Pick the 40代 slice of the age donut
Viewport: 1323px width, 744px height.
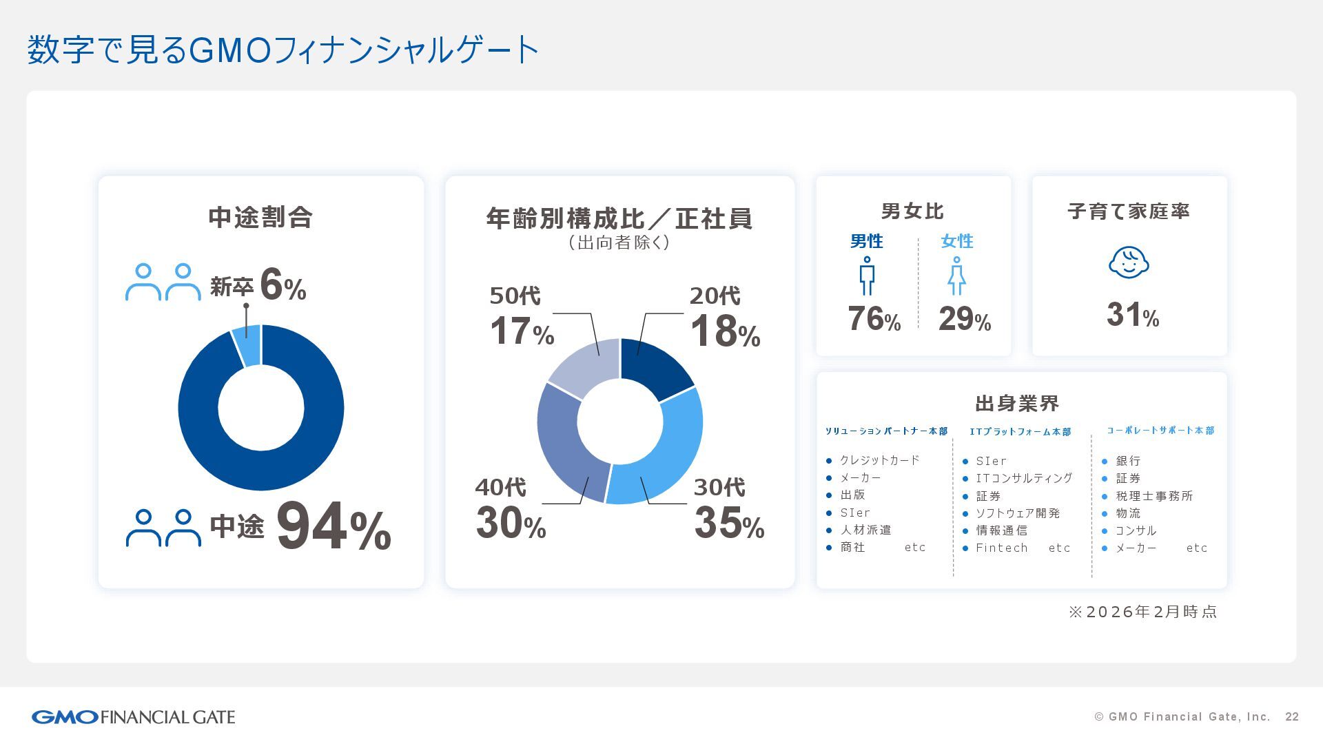coord(568,448)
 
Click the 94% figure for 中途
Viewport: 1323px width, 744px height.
coord(334,528)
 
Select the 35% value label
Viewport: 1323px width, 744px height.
coord(729,523)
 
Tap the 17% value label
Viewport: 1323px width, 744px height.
coord(522,331)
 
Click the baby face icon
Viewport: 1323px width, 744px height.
coord(1129,262)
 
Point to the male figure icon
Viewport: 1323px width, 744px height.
coord(867,276)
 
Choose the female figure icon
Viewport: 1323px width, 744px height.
coord(956,276)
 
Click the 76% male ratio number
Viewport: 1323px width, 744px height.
coord(874,319)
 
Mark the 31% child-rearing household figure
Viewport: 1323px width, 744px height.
coord(1132,315)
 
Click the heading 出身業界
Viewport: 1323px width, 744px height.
coord(1017,403)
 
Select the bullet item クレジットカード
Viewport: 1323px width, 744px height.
coord(879,460)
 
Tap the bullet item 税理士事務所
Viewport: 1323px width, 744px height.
coord(1154,496)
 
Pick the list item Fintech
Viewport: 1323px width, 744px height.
coord(1001,548)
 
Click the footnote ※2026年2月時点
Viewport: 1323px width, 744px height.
coord(1142,612)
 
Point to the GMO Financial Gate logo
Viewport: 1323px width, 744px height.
coord(133,717)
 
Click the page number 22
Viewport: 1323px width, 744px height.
coord(1292,717)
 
